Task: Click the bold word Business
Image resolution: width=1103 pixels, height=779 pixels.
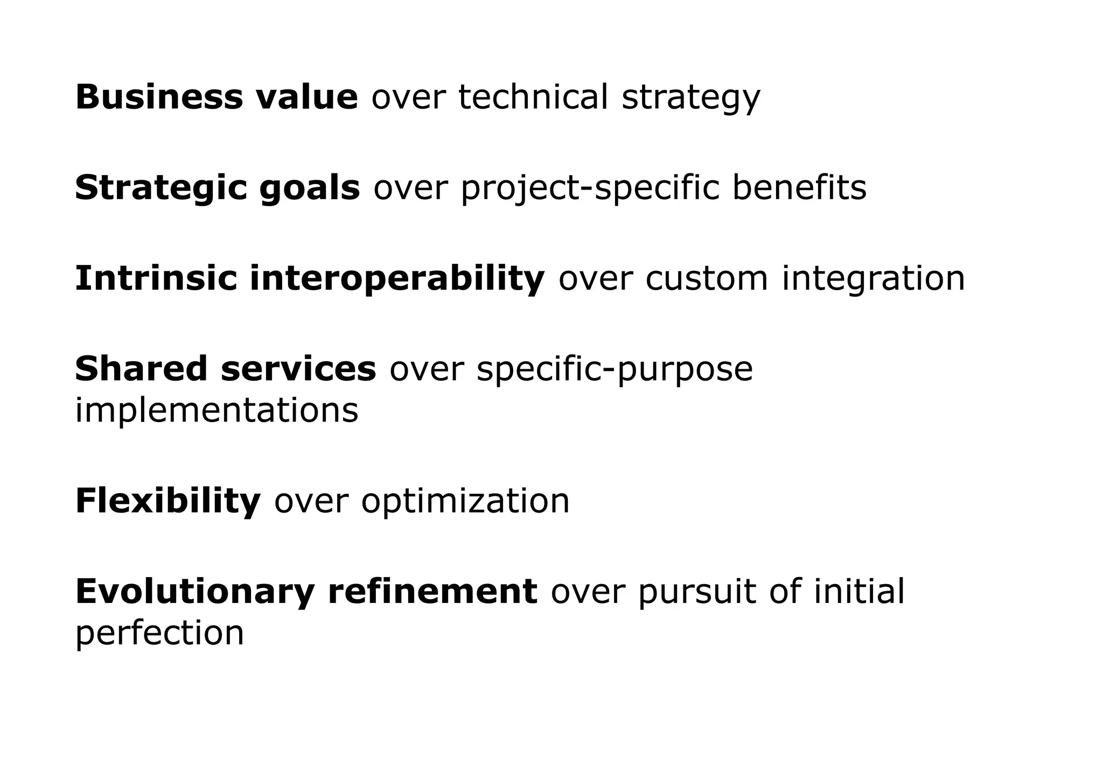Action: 159,97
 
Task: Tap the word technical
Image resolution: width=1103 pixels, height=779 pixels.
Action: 533,97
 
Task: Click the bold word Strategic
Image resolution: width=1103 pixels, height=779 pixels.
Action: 160,189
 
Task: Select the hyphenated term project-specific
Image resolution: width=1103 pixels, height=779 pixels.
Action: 590,189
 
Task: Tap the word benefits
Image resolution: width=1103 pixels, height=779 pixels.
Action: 799,188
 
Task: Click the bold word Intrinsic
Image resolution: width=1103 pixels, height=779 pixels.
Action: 156,279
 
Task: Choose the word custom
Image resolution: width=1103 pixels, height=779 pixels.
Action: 707,279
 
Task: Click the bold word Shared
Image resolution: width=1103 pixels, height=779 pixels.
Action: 141,369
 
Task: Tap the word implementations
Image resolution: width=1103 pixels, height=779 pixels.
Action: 217,410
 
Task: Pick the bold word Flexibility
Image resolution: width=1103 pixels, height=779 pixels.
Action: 167,501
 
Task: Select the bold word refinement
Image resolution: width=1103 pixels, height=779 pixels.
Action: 432,591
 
